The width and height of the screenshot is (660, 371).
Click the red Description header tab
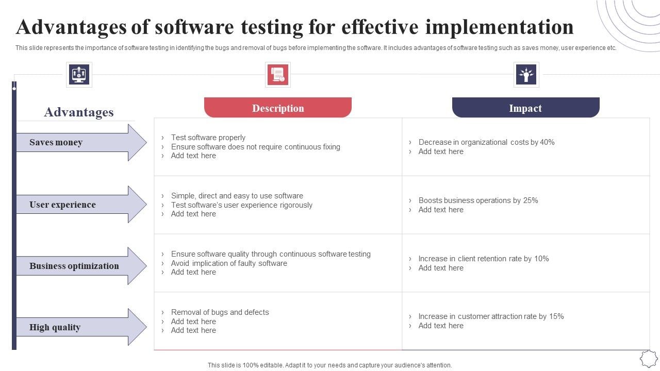click(278, 108)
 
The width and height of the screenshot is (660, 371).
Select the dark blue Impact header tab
click(525, 108)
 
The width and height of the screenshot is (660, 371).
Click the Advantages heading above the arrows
click(79, 112)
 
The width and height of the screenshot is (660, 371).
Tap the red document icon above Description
click(278, 75)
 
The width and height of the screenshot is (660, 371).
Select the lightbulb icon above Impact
click(526, 75)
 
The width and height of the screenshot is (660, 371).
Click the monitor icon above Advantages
click(79, 75)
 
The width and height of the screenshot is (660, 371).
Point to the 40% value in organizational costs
click(547, 142)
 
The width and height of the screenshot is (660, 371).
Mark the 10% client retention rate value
click(541, 259)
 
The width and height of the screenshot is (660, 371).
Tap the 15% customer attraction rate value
click(556, 316)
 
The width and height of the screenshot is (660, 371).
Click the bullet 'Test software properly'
click(208, 138)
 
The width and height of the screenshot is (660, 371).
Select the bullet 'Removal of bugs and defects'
click(220, 312)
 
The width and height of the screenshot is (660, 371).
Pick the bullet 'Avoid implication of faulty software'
click(229, 263)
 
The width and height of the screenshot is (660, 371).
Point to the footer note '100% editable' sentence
click(329, 365)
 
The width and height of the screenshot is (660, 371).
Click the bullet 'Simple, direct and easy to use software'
click(237, 196)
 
